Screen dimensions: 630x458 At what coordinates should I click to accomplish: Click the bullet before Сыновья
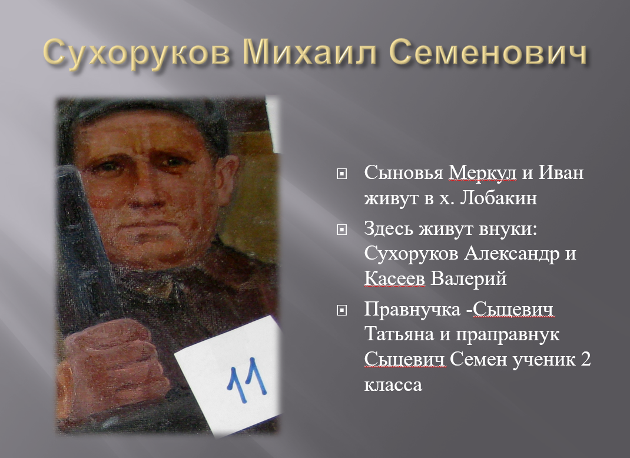click(341, 174)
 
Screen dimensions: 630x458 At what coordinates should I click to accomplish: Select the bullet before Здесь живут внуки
click(341, 230)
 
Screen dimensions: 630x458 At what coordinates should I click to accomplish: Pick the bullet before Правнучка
click(341, 310)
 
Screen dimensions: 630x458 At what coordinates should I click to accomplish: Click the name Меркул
click(482, 173)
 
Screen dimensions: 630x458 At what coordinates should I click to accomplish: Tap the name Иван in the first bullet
click(561, 173)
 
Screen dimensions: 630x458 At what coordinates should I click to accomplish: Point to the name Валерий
click(469, 278)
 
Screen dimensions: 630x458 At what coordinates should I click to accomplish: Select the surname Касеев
click(394, 278)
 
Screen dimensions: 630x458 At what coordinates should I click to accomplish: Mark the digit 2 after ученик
click(586, 359)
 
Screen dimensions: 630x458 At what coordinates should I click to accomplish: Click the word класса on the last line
click(393, 385)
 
